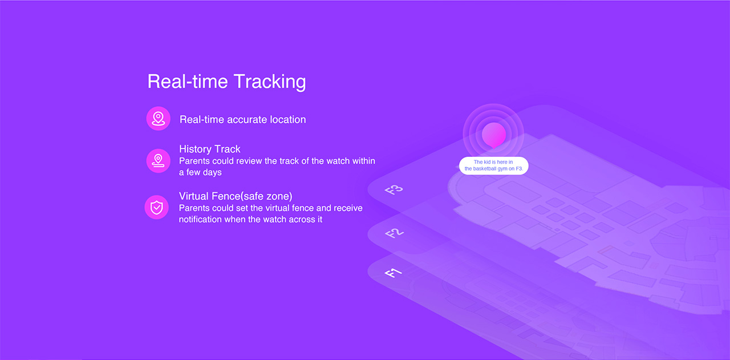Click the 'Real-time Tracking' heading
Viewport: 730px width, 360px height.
pos(226,82)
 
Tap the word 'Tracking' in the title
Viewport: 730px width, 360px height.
pos(270,82)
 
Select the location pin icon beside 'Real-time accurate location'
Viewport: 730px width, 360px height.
pos(159,119)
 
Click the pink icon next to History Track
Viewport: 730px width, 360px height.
pos(159,161)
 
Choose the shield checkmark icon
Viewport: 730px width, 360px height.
pos(157,208)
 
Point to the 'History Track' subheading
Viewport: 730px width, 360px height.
pos(209,149)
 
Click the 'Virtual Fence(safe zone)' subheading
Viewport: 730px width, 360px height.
pos(236,196)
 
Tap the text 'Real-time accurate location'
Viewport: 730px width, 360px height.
pos(243,120)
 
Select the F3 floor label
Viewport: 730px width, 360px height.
pos(394,190)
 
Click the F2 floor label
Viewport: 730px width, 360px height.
pos(394,233)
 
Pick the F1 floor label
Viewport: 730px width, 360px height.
pos(393,273)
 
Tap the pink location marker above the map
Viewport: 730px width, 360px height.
pos(494,135)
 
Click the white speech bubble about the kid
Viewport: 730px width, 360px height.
pos(494,165)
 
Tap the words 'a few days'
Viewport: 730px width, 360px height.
pos(200,172)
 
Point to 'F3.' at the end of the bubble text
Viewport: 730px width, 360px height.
pos(520,168)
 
